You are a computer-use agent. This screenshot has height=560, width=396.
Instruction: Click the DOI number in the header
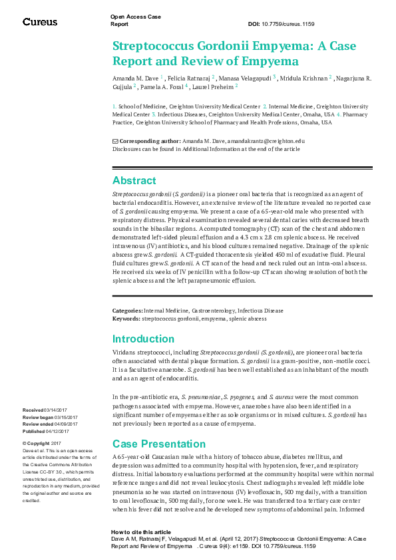click(x=291, y=24)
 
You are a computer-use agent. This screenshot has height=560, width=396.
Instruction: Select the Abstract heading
click(x=134, y=180)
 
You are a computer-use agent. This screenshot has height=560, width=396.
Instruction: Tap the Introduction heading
click(x=143, y=339)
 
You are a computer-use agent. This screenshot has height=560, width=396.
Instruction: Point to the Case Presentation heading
click(x=158, y=444)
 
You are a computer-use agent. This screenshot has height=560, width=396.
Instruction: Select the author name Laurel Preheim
click(x=212, y=86)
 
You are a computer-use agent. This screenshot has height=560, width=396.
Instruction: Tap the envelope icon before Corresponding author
click(x=115, y=141)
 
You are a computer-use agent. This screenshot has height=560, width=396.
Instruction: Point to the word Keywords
click(x=126, y=318)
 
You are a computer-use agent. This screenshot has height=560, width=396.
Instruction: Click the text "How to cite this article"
click(x=141, y=533)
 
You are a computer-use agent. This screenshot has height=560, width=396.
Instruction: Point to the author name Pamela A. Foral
click(x=162, y=86)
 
